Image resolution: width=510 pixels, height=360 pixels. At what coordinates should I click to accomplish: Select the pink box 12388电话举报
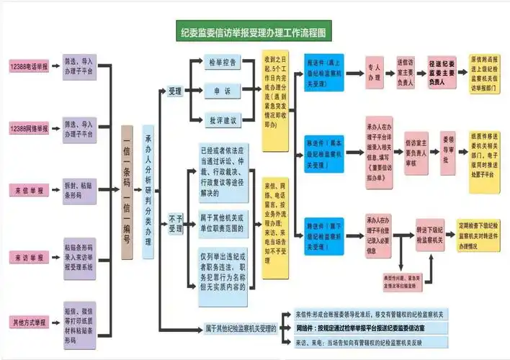29,66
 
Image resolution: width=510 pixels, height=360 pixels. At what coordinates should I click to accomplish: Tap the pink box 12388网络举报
29,128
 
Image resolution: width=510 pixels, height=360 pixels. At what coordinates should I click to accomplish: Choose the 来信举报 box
29,191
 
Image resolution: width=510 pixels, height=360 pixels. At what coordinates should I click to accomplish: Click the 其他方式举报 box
29,321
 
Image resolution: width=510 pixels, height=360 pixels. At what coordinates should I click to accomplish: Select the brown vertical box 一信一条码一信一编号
127,192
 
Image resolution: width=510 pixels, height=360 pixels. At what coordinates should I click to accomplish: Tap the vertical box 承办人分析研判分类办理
149,192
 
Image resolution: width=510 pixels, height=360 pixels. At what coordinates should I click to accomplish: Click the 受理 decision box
175,91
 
